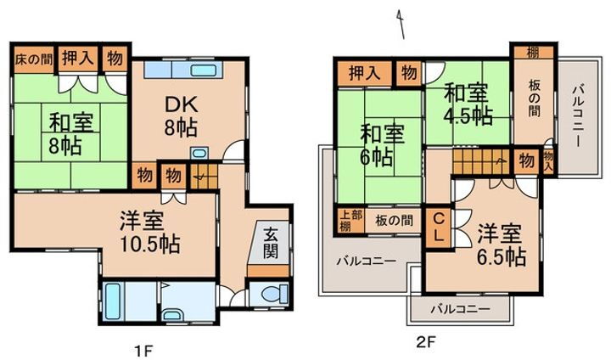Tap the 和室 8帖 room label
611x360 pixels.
click(x=64, y=134)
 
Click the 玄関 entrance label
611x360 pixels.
click(x=270, y=243)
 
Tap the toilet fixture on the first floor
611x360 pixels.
click(x=271, y=295)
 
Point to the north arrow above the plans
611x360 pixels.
click(x=401, y=25)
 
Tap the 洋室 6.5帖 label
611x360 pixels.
click(x=500, y=244)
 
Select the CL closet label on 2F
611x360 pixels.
click(x=440, y=228)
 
